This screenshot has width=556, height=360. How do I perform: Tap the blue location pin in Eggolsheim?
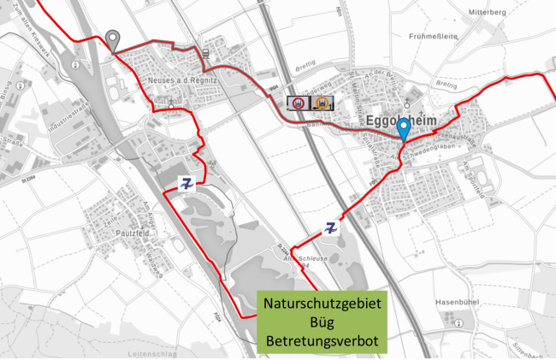click(403, 128)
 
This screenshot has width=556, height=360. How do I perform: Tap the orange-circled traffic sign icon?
click(322, 103)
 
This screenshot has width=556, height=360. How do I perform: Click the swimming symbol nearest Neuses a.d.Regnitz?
click(186, 182)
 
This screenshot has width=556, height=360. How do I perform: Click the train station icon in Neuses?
click(206, 53)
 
